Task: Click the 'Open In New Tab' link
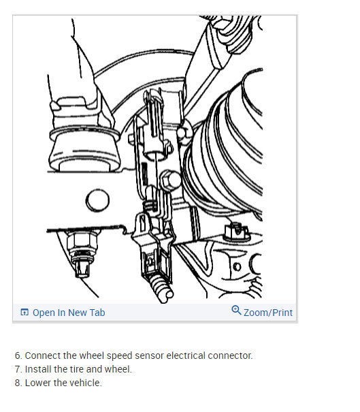pos(69,313)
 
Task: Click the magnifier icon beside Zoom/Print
pos(236,311)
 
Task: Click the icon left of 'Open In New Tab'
pos(24,313)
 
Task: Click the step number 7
pos(18,369)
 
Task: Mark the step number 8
pos(18,383)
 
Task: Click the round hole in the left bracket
pos(97,202)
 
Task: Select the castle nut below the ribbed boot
pos(238,232)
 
